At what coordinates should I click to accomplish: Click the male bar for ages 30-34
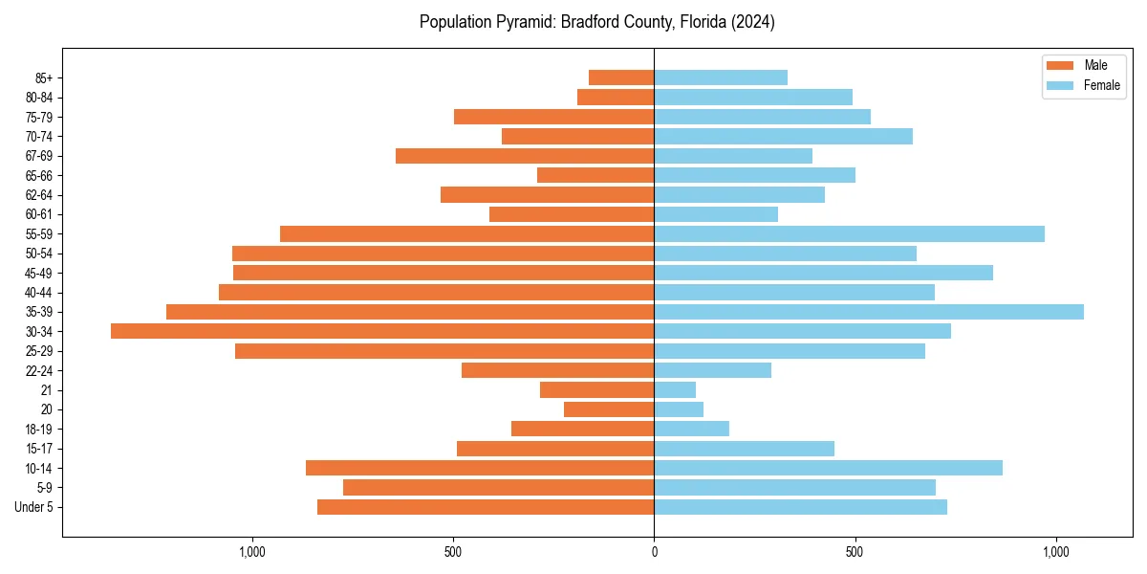point(382,331)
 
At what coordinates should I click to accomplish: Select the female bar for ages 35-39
point(869,312)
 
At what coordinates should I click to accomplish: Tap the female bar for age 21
point(675,389)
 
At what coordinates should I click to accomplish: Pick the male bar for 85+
point(621,77)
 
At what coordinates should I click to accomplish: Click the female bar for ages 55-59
point(849,233)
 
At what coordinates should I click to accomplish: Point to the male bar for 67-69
point(525,156)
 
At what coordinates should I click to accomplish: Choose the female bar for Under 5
point(800,507)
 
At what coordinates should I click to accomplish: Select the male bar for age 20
point(609,409)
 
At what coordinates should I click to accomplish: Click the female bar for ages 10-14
point(828,468)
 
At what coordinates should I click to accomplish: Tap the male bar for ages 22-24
point(557,370)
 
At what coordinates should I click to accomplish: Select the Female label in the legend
point(1102,85)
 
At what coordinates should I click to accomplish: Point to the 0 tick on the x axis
point(654,552)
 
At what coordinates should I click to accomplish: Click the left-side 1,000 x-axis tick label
point(252,552)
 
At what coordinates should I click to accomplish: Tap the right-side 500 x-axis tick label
point(855,552)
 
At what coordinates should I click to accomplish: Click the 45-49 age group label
point(39,273)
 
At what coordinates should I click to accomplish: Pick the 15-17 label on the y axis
point(39,449)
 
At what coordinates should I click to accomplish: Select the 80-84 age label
point(39,98)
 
